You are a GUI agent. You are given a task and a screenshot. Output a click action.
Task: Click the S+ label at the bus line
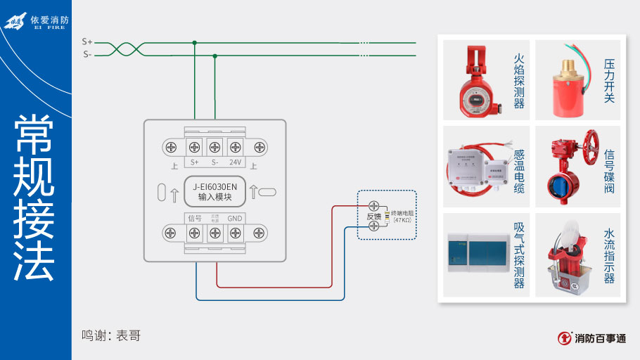tap(87, 41)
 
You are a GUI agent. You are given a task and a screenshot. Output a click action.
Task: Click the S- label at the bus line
tap(87, 54)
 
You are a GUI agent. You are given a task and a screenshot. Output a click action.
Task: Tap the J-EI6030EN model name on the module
tap(215, 186)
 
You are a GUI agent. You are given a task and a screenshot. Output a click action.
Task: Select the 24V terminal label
tap(236, 162)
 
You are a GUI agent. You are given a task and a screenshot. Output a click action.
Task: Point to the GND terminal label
tap(235, 219)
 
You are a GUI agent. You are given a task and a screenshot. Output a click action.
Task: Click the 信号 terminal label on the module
tap(195, 219)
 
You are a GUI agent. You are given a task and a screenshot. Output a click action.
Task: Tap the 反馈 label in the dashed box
tap(373, 216)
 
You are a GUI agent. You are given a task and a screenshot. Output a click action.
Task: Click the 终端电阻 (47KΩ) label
tap(402, 216)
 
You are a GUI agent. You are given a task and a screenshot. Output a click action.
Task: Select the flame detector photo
tap(476, 79)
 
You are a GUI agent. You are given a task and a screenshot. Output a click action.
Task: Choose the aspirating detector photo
tap(476, 254)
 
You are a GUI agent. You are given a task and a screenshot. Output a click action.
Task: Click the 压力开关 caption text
tap(609, 80)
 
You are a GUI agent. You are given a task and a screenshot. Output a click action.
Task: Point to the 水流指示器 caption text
tap(609, 255)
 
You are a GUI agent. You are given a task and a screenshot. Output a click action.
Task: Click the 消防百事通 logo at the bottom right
tap(593, 338)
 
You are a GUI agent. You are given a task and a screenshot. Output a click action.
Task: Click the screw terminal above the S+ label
tap(194, 147)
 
